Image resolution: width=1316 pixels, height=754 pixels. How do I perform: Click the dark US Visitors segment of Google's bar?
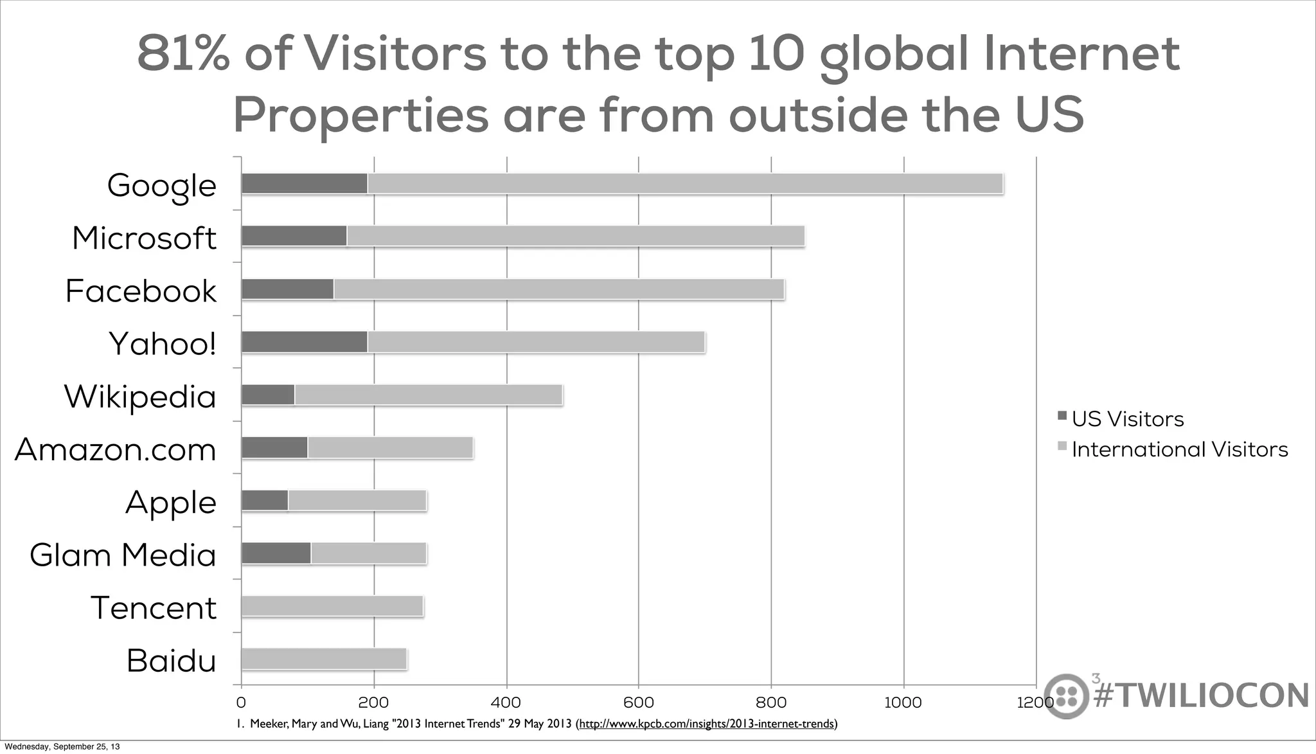tap(304, 184)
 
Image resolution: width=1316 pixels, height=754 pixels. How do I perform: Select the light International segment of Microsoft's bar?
tap(575, 237)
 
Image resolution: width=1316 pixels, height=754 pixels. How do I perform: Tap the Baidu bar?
tap(324, 659)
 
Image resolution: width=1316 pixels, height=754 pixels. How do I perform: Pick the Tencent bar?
tap(332, 606)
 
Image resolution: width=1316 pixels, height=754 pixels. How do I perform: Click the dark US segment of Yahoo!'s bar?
tap(304, 342)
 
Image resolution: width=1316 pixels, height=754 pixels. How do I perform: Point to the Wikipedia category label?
tap(140, 396)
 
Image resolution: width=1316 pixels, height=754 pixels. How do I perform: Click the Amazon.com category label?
tap(116, 449)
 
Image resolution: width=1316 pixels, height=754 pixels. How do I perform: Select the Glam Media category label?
tap(123, 555)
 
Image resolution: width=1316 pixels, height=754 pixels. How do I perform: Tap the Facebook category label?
tap(141, 291)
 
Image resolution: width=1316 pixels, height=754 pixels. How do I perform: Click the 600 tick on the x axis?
tap(639, 703)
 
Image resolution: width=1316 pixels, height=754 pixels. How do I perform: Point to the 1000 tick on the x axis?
tap(903, 703)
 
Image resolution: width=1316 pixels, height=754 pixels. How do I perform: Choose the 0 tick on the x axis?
tap(241, 703)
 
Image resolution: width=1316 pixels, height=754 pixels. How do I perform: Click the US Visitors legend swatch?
tap(1062, 416)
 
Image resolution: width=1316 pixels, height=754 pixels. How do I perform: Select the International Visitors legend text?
tap(1180, 449)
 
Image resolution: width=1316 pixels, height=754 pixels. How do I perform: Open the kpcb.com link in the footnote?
tap(707, 724)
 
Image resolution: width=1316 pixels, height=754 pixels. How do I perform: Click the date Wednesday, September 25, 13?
tap(62, 747)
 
